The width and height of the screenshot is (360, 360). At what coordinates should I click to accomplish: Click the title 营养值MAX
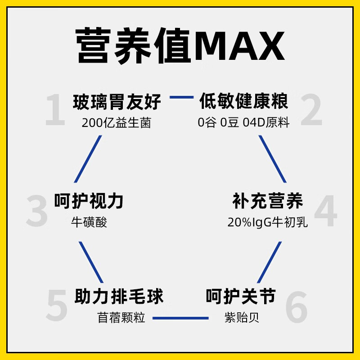[x=180, y=46]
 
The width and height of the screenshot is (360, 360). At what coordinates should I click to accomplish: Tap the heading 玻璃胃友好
[x=117, y=102]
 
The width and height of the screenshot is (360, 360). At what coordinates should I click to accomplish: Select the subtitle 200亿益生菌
[x=117, y=123]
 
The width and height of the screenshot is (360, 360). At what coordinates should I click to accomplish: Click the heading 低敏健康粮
[x=243, y=102]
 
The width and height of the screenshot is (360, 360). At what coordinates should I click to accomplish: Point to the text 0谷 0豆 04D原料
[x=243, y=123]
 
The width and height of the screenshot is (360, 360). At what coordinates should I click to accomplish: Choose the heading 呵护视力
[x=89, y=202]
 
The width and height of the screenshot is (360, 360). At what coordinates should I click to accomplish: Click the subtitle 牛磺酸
[x=89, y=222]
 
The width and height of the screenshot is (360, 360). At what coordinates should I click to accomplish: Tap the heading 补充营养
[x=268, y=201]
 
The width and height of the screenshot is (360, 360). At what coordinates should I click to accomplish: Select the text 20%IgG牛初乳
[x=268, y=222]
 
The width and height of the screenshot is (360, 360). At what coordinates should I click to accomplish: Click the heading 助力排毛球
[x=119, y=297]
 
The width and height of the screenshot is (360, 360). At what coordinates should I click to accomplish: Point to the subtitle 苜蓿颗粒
[x=121, y=318]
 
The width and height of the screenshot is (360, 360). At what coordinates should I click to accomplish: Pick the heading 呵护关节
[x=240, y=297]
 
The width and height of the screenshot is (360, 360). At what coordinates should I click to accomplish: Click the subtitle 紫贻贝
[x=242, y=318]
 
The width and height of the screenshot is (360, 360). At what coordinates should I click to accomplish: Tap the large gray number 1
[x=56, y=110]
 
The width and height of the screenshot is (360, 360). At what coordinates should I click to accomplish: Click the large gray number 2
[x=311, y=110]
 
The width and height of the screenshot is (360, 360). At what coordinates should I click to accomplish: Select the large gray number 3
[x=37, y=211]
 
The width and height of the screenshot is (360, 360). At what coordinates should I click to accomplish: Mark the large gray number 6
[x=297, y=306]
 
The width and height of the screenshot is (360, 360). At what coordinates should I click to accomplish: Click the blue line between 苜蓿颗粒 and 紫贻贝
[x=180, y=318]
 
